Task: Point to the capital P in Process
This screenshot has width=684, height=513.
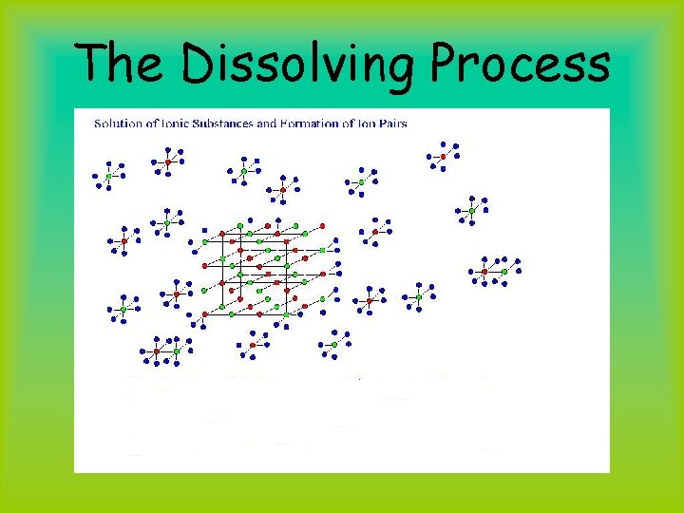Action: point(448,65)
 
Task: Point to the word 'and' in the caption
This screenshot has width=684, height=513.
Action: point(264,123)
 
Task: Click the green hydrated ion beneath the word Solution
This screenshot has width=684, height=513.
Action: point(108,176)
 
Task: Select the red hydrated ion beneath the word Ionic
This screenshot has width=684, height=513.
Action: point(168,162)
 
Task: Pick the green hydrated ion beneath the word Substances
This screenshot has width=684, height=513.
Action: point(243,172)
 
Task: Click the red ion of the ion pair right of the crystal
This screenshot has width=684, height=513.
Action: point(484,272)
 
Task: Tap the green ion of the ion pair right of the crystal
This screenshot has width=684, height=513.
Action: point(504,272)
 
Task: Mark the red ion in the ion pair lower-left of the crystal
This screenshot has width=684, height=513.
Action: point(157,351)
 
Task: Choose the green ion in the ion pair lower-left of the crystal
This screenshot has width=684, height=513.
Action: point(177,351)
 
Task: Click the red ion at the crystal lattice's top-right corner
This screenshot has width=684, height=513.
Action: point(323,225)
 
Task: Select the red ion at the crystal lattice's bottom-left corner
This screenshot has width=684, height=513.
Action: point(204,313)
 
